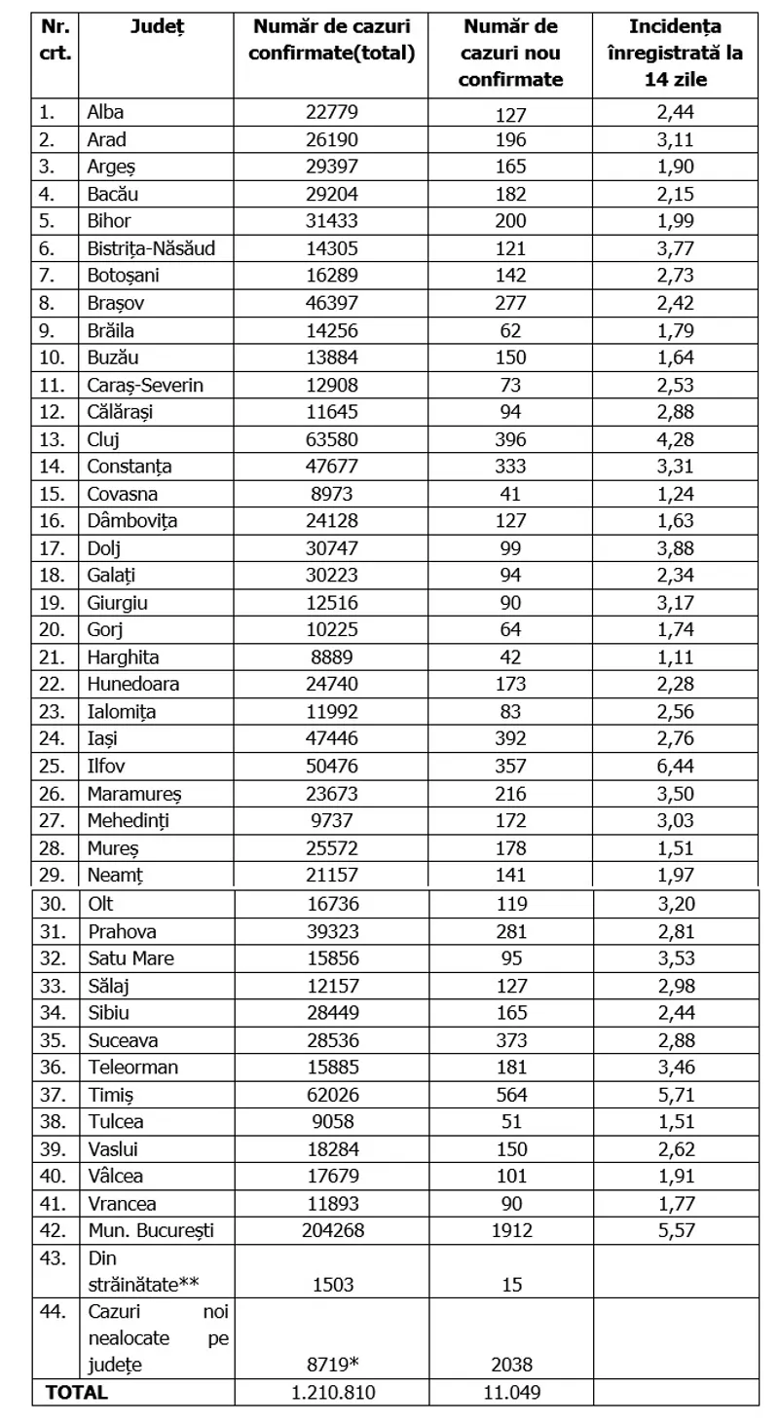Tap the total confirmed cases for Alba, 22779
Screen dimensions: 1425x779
click(x=332, y=112)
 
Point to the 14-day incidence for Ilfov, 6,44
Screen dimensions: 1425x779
click(x=676, y=766)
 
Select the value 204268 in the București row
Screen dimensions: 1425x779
click(x=332, y=1230)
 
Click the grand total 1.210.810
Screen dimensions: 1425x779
click(x=332, y=1393)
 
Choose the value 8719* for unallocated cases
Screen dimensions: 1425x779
click(x=332, y=1366)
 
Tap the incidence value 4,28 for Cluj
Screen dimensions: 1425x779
click(x=676, y=438)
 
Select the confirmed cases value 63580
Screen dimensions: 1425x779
click(x=332, y=438)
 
